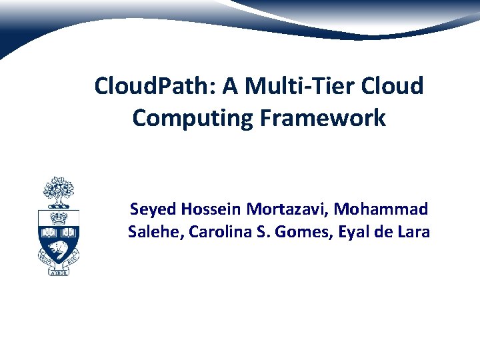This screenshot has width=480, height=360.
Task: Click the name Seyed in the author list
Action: click(x=150, y=209)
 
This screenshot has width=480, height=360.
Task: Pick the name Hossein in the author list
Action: click(x=209, y=209)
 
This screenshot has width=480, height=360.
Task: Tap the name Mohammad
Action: click(x=382, y=209)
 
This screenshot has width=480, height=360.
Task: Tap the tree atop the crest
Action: click(x=59, y=193)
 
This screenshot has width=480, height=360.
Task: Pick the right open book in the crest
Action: click(x=69, y=233)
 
